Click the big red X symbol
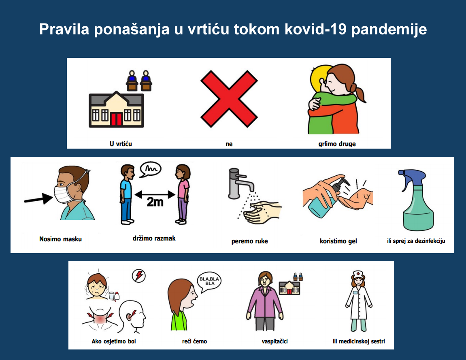pos(229,99)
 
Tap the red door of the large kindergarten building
pos(116,119)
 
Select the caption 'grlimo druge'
pos(337,144)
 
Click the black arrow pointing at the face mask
pos(38,198)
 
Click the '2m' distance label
pos(155,202)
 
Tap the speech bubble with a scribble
pos(150,169)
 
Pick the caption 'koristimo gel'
pos(338,241)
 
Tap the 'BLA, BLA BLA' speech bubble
pos(209,281)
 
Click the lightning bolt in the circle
pos(139,276)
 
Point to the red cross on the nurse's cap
pos(358,273)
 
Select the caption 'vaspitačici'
pos(274,341)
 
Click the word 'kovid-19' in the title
pos(316,29)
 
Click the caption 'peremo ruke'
pos(250,241)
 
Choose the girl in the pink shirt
pos(183,194)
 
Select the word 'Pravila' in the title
pos(64,29)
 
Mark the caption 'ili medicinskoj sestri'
pos(359,341)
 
